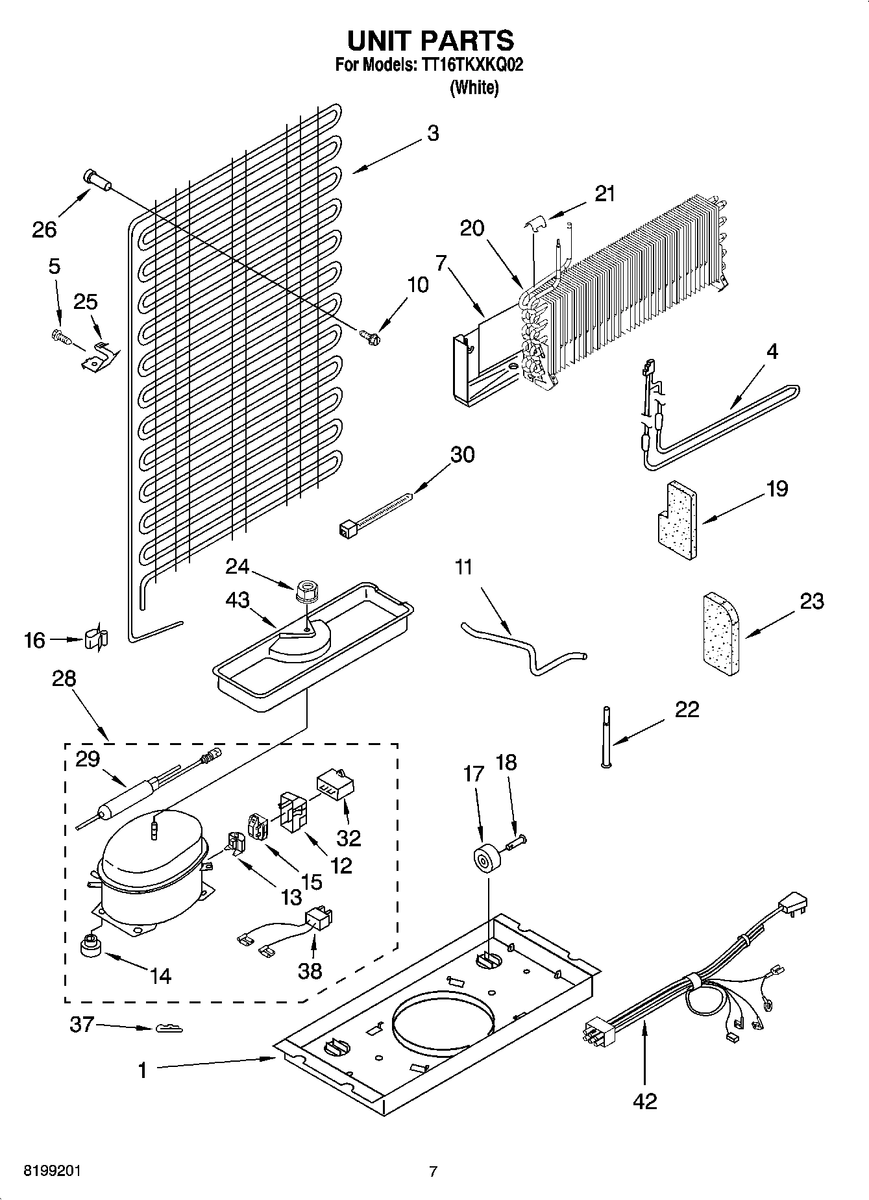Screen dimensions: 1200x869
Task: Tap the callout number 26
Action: click(44, 229)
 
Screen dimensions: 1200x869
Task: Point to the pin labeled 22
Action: click(607, 737)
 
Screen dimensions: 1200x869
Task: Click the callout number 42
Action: click(644, 1101)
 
